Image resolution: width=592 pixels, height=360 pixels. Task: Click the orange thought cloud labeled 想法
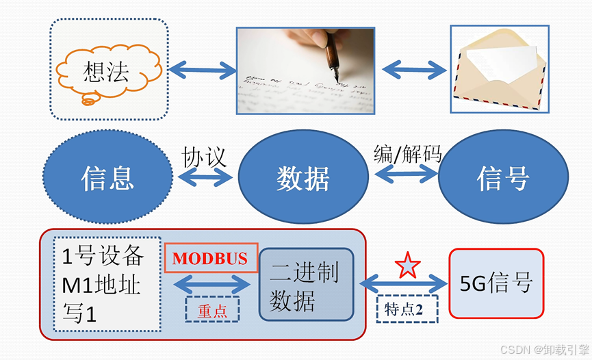[x=106, y=73]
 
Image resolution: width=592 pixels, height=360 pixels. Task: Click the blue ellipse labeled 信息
[x=107, y=178]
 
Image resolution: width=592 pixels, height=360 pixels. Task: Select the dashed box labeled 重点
[x=213, y=309]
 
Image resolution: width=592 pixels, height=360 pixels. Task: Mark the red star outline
[x=408, y=264]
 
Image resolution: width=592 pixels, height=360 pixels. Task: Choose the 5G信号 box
[x=496, y=283]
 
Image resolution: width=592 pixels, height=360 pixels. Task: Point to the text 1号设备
[x=103, y=256]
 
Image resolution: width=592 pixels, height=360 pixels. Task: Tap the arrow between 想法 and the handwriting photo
[x=202, y=68]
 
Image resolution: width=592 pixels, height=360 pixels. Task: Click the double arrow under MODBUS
[x=213, y=284]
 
